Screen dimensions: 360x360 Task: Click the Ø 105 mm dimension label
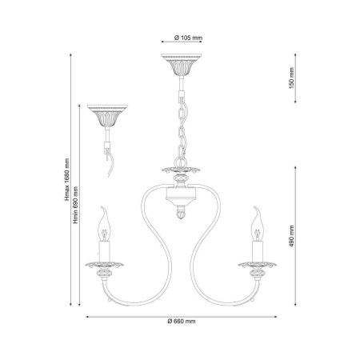pyautogui.click(x=188, y=38)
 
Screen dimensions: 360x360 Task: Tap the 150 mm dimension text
pyautogui.click(x=291, y=78)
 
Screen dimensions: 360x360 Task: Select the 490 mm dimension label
pyautogui.click(x=291, y=236)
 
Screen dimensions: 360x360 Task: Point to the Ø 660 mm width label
pyautogui.click(x=182, y=322)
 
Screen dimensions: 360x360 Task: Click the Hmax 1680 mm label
pyautogui.click(x=66, y=179)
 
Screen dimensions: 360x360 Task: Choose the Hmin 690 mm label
pyautogui.click(x=76, y=205)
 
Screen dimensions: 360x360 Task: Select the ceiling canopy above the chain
pyautogui.click(x=181, y=65)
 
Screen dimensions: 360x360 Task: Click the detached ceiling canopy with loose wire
pyautogui.click(x=107, y=115)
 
